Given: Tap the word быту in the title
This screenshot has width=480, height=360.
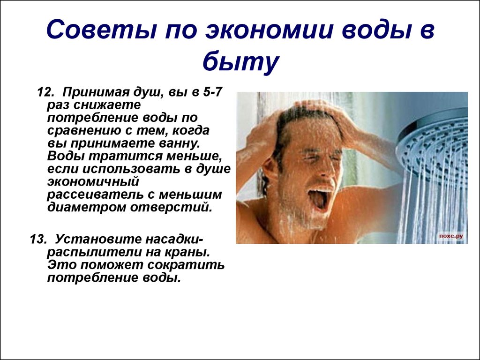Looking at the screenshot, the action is [x=240, y=61].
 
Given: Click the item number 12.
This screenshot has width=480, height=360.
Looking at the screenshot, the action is [x=45, y=92].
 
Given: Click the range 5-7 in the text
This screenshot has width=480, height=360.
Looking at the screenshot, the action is [x=212, y=92].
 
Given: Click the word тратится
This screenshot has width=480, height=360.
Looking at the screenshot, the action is [x=127, y=157].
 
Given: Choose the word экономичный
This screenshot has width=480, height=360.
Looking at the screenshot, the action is [x=93, y=182].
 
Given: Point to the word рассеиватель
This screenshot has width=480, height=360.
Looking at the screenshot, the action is [x=97, y=195].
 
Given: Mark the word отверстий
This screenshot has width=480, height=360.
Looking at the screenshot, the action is [x=171, y=208].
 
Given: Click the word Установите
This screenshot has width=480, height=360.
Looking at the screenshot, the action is [x=97, y=239].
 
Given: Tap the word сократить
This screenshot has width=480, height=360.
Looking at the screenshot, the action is [x=186, y=265].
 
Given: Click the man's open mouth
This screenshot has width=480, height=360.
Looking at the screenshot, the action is [x=319, y=198].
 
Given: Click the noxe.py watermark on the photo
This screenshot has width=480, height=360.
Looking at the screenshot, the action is [x=451, y=236].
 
